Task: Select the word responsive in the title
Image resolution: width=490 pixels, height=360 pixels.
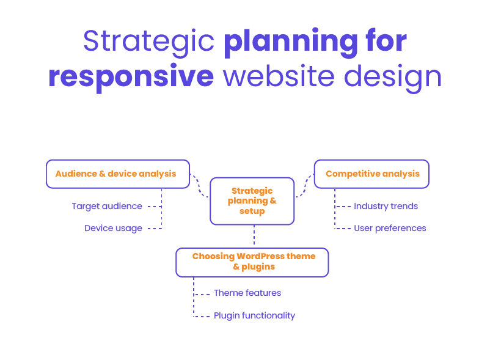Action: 131,78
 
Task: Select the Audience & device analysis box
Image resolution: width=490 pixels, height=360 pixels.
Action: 116,174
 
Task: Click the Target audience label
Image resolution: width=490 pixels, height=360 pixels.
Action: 107,207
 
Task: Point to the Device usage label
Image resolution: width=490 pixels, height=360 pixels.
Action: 113,229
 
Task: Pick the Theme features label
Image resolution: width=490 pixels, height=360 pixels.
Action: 246,293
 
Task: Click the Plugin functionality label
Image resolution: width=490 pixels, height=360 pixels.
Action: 254,317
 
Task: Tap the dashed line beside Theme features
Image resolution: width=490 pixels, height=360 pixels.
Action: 201,294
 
